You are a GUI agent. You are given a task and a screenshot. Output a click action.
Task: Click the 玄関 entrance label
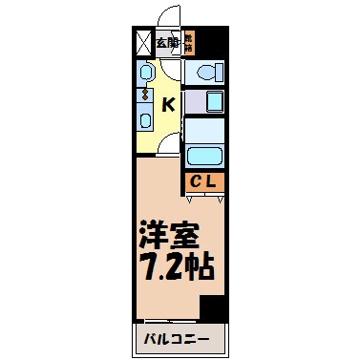pos(167,41)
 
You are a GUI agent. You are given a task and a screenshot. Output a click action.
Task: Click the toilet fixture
pos(204,73)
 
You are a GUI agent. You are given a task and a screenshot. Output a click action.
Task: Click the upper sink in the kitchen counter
pos(145,74)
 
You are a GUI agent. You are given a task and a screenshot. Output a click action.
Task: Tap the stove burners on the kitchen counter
pos(146,94)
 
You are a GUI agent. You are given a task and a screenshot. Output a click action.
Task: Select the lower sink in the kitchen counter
pos(145,118)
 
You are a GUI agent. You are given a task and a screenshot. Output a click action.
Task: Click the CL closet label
pos(204,181)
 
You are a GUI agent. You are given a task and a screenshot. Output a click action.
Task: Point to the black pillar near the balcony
pos(212,308)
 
